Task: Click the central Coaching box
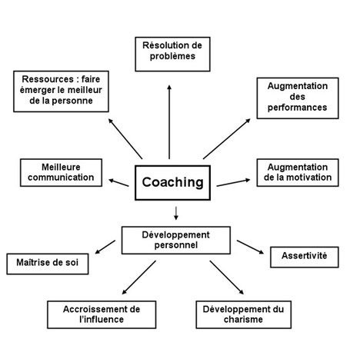click(172, 183)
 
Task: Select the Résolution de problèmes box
click(172, 54)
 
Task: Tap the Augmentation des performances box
click(298, 98)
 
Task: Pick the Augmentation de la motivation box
click(298, 173)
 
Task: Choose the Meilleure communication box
click(61, 173)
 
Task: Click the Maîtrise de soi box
click(48, 264)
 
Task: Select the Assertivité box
click(305, 257)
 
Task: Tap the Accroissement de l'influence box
click(102, 314)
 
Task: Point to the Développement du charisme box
click(244, 314)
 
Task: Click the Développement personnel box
click(176, 241)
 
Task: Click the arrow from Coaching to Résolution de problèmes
click(169, 122)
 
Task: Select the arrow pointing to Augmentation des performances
click(227, 139)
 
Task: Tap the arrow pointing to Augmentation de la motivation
click(233, 182)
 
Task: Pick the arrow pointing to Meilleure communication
click(118, 183)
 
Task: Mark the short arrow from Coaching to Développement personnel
click(176, 213)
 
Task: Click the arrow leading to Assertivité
click(250, 247)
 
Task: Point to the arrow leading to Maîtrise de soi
click(105, 247)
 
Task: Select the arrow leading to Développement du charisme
click(227, 277)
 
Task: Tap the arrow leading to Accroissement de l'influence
click(139, 277)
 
